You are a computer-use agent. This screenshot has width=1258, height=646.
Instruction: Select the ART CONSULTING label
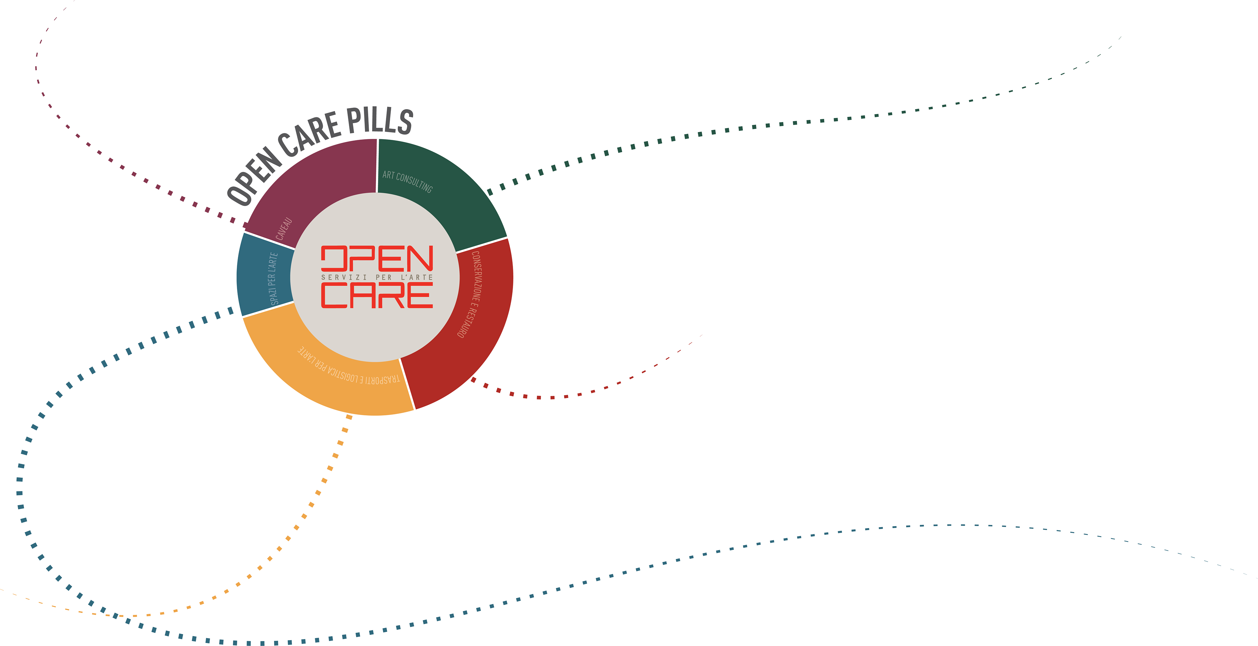click(x=407, y=181)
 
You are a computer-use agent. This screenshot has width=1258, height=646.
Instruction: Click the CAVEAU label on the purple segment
click(x=284, y=229)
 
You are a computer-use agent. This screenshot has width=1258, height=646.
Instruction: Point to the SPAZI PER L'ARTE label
click(x=274, y=279)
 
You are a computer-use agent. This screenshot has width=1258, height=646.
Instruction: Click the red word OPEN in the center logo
click(x=377, y=258)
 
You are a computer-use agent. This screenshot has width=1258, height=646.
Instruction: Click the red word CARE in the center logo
click(x=377, y=295)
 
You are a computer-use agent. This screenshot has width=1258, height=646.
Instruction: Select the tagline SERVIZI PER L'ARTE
click(x=377, y=277)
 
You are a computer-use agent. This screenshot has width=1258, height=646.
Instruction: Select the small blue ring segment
click(x=264, y=275)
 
